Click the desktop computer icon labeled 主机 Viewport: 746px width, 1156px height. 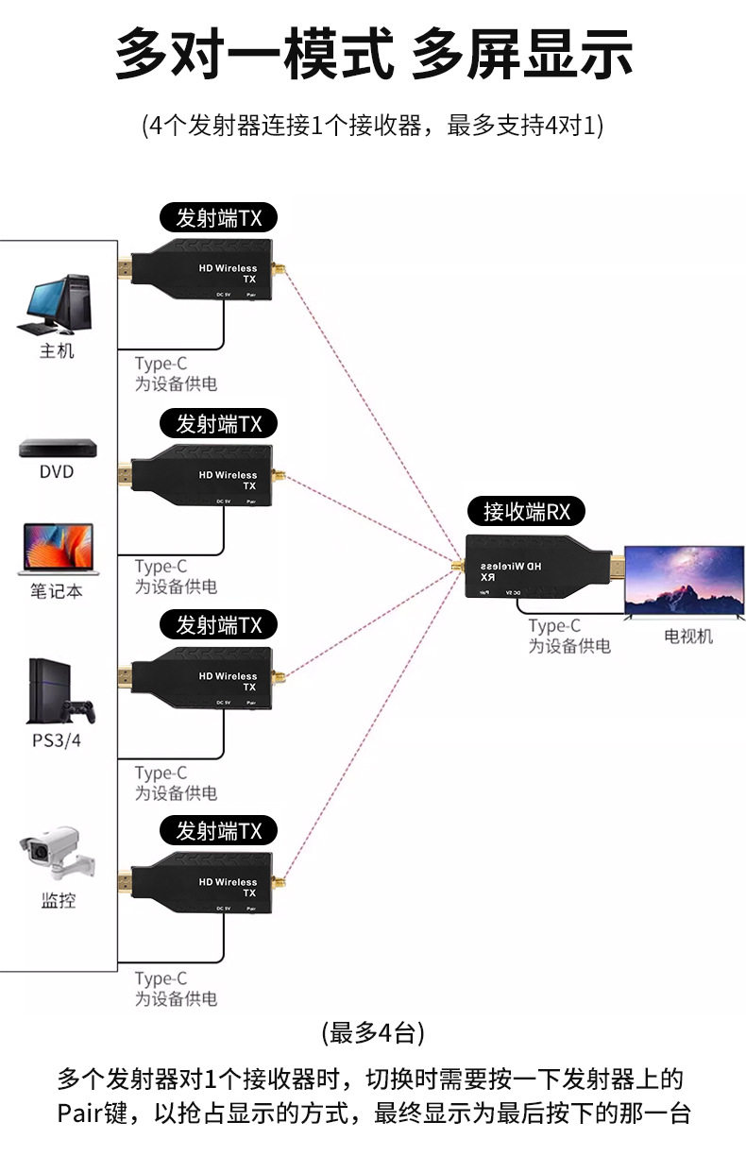click(x=55, y=305)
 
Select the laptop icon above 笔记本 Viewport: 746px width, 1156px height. click(x=56, y=549)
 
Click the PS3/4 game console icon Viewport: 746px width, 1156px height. click(x=59, y=691)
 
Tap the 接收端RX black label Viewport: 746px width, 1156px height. click(x=526, y=512)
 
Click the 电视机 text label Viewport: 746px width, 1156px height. click(x=687, y=636)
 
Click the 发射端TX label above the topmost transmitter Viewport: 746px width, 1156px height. click(x=218, y=217)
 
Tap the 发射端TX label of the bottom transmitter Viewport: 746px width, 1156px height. click(x=218, y=831)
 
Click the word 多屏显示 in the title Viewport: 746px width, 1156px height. click(x=521, y=56)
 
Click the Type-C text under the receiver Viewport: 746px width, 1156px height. click(x=554, y=626)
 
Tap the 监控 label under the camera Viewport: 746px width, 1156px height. click(x=58, y=900)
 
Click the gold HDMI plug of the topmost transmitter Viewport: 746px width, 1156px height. click(x=124, y=269)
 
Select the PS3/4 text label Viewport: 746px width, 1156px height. click(x=57, y=739)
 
